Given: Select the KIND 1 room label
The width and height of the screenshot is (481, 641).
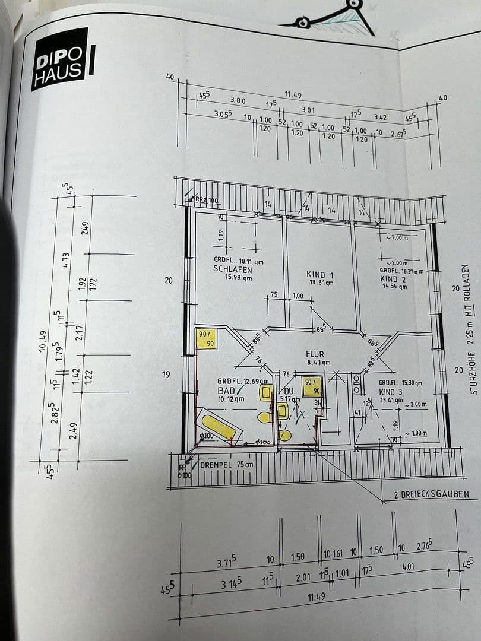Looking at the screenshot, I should point(319,275).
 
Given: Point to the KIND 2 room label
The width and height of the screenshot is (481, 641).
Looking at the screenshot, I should point(393,278).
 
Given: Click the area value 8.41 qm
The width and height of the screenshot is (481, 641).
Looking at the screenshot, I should point(319,363).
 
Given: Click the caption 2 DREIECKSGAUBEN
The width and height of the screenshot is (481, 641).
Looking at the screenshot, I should point(431,494).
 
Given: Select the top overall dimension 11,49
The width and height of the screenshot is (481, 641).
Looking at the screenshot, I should point(293,94).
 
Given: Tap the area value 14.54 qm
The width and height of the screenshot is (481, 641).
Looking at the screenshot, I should point(394,286).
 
